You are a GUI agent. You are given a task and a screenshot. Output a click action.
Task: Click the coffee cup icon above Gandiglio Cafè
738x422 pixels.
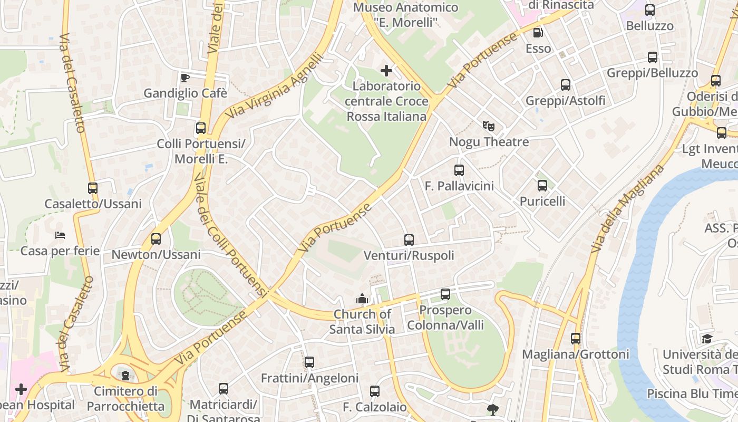(x=185, y=78)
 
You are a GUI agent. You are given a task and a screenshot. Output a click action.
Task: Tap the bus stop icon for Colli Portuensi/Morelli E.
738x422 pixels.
(x=201, y=128)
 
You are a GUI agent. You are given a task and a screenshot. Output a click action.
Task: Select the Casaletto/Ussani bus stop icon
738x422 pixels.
(x=93, y=188)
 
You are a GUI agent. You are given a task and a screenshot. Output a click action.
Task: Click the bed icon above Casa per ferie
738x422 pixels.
(x=60, y=235)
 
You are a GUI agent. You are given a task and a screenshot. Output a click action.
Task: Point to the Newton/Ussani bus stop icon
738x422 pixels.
(x=156, y=239)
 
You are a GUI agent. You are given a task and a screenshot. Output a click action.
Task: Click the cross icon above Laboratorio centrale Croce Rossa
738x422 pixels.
(x=386, y=71)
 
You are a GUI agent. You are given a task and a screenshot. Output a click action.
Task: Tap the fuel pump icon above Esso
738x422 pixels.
(x=538, y=33)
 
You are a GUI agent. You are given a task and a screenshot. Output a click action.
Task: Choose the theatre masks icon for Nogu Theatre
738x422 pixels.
(x=489, y=126)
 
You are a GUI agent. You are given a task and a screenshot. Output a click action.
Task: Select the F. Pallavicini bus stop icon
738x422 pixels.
(x=459, y=170)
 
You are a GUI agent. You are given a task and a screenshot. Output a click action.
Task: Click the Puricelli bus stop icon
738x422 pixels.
(x=542, y=186)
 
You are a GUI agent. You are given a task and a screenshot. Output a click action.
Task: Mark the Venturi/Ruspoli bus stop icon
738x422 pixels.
(x=409, y=240)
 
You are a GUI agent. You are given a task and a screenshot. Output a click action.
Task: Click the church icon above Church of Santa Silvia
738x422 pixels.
(x=362, y=299)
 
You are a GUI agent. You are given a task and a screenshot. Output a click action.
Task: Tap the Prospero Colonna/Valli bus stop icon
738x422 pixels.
(x=445, y=294)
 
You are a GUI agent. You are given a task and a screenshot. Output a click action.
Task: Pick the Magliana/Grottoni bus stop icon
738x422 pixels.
(x=576, y=339)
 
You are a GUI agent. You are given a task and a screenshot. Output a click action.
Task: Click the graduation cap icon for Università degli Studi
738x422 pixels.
(x=707, y=339)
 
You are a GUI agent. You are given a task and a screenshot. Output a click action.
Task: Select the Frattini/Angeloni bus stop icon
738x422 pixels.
(x=309, y=362)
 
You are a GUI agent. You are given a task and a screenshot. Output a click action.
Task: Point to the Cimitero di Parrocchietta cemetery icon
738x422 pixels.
(x=125, y=376)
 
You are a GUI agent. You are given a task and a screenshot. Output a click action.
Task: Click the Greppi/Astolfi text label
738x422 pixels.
(x=566, y=100)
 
